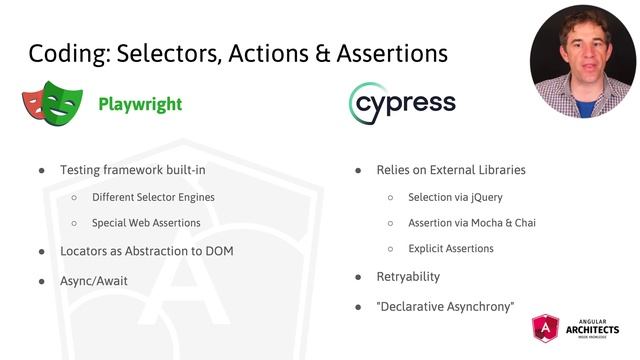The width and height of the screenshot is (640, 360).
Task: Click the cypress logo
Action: [402, 104]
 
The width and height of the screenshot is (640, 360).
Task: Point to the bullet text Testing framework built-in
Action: [133, 170]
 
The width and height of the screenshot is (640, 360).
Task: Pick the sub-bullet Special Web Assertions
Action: [146, 223]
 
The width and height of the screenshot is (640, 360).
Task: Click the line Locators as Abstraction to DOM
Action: [147, 250]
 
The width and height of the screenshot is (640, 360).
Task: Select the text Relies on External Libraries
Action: [451, 170]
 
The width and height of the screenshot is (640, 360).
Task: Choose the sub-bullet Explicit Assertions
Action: [451, 248]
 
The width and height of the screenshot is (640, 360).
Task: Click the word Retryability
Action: [408, 275]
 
